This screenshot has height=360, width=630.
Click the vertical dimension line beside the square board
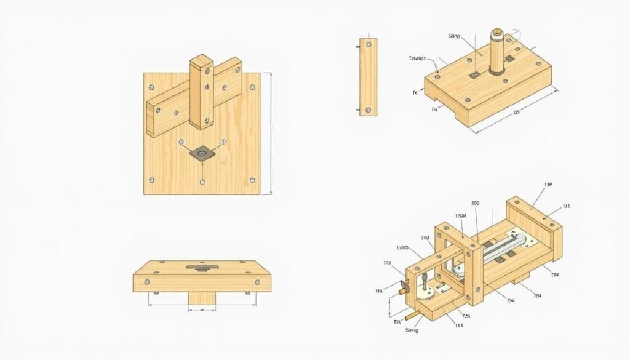point(270,134)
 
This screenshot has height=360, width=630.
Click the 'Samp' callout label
point(454,36)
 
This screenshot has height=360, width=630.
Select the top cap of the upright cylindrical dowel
point(498,30)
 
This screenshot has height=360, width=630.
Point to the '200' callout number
point(475,202)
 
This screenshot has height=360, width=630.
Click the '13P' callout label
point(548,185)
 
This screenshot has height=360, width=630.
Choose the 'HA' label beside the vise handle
point(379,290)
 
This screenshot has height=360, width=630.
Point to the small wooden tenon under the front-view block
point(201,298)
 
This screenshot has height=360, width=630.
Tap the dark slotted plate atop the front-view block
point(201,268)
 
